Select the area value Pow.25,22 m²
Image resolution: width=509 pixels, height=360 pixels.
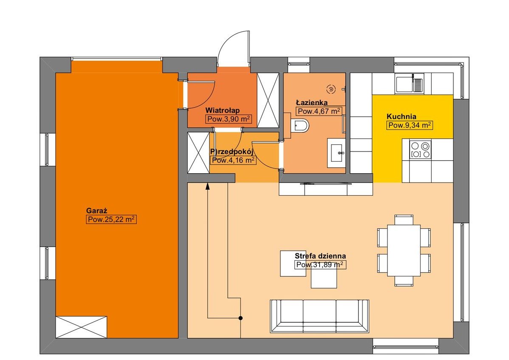pyautogui.click(x=111, y=219)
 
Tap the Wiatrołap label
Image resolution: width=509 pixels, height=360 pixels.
pyautogui.click(x=222, y=110)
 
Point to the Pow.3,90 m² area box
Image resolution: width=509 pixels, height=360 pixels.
pyautogui.click(x=229, y=119)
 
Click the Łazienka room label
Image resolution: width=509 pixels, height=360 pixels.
pyautogui.click(x=311, y=102)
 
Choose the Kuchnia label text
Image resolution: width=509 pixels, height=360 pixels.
pyautogui.click(x=401, y=116)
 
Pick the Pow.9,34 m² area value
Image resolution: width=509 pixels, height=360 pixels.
pyautogui.click(x=410, y=125)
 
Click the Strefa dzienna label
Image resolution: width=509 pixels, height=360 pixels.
pyautogui.click(x=320, y=256)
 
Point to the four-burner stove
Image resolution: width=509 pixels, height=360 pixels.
pyautogui.click(x=420, y=149)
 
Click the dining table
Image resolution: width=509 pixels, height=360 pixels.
pyautogui.click(x=404, y=250)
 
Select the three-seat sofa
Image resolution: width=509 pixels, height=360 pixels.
pyautogui.click(x=320, y=316)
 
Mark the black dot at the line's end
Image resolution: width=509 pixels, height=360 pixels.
pyautogui.click(x=240, y=318)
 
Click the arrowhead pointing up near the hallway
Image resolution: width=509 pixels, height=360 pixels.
pyautogui.click(x=208, y=186)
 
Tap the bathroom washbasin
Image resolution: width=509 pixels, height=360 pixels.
pyautogui.click(x=336, y=153)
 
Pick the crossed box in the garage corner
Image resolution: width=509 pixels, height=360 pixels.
pyautogui.click(x=81, y=327)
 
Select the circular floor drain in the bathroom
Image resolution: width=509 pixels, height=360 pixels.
pyautogui.click(x=331, y=89)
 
